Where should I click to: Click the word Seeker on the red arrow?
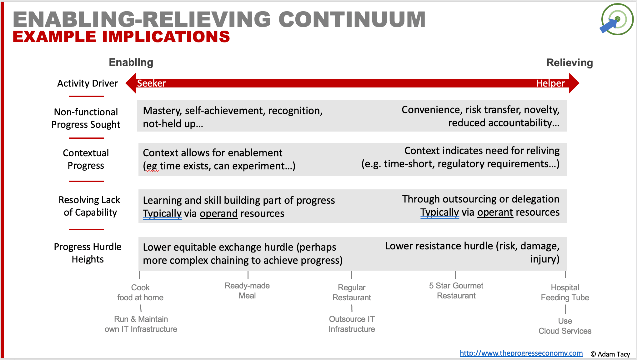(151, 83)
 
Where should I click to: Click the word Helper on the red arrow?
(550, 83)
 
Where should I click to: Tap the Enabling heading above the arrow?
(131, 62)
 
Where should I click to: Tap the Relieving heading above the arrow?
(569, 63)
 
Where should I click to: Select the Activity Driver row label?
(88, 83)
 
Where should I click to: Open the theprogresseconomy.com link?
(521, 353)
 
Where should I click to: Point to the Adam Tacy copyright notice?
(610, 354)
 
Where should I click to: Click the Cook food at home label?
(140, 292)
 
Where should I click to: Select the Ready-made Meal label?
(247, 291)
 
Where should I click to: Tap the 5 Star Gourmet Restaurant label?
(456, 291)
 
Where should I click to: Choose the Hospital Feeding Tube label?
(565, 292)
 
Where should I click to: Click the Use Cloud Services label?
(565, 326)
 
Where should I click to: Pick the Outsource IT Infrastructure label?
(352, 324)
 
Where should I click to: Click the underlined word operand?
(219, 213)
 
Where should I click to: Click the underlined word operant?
(495, 212)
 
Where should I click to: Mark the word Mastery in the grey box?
(162, 111)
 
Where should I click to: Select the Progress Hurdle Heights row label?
(88, 253)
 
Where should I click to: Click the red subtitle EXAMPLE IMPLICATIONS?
(121, 37)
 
